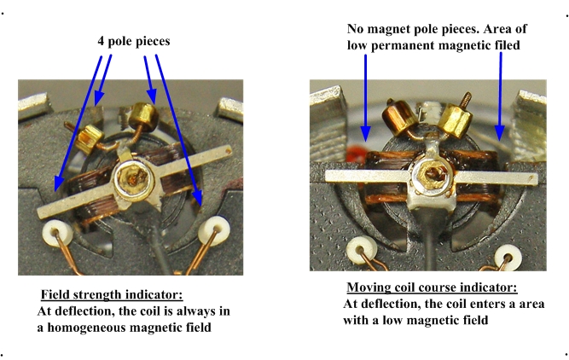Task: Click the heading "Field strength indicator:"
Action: [112, 294]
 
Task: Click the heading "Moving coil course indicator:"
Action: [432, 287]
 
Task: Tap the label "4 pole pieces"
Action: [134, 41]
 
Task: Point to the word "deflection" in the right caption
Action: [390, 304]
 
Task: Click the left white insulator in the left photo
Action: [57, 233]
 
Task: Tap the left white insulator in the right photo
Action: [361, 251]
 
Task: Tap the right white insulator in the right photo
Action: [508, 257]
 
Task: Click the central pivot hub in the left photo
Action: [133, 177]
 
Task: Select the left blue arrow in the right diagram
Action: [366, 97]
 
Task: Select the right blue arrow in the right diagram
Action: [500, 96]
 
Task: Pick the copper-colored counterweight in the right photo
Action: [398, 116]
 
